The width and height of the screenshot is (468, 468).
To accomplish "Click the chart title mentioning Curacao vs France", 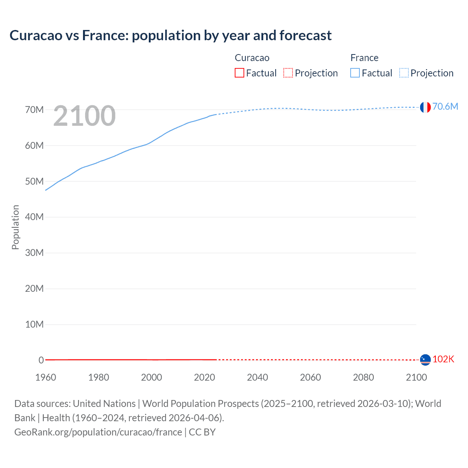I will click(x=170, y=35).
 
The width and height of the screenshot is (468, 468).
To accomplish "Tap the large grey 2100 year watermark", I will click(x=84, y=116).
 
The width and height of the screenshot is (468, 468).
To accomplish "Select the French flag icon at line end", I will click(x=425, y=107).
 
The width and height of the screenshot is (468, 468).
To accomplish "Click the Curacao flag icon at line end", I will click(x=425, y=360).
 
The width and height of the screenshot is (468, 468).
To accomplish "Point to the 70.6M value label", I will click(x=445, y=106).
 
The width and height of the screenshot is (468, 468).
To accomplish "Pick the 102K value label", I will click(x=443, y=359).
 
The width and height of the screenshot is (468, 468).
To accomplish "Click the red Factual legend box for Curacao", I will click(x=239, y=73).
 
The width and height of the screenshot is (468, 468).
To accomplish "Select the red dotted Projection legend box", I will click(x=288, y=73).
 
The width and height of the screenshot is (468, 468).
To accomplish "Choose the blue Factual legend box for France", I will click(x=355, y=73).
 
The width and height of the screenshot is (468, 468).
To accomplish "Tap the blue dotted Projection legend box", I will click(x=404, y=73).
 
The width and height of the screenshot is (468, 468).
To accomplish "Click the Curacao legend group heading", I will click(x=252, y=58).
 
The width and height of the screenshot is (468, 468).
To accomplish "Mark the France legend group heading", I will click(x=364, y=58).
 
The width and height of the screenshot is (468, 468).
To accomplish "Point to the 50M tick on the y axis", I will click(x=34, y=181).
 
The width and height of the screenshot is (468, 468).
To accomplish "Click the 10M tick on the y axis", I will click(x=34, y=324).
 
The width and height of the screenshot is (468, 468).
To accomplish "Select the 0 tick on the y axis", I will click(x=41, y=360).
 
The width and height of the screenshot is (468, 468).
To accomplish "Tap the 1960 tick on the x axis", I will click(x=46, y=377).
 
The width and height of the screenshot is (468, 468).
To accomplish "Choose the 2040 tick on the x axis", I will click(x=257, y=377).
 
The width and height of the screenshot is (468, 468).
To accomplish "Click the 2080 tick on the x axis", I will click(x=363, y=377).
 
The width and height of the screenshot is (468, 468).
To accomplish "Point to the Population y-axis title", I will click(x=15, y=227).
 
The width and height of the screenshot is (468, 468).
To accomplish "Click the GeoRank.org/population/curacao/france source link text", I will click(x=98, y=432).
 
